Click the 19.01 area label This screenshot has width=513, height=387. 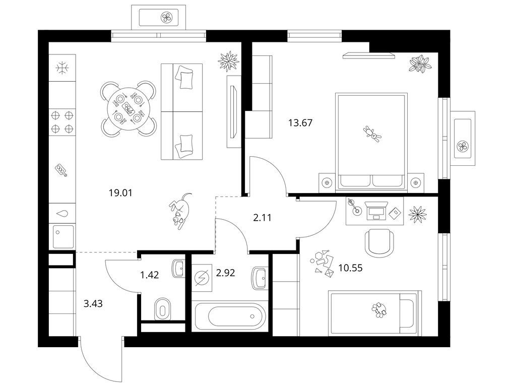click(x=121, y=192)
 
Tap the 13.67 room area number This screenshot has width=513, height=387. click(x=300, y=123)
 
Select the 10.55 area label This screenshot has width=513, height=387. click(x=350, y=268)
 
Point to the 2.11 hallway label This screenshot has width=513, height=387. click(x=263, y=218)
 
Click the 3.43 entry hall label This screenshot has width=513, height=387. click(x=93, y=303)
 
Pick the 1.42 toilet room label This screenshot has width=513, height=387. click(x=150, y=275)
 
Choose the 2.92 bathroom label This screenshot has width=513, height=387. click(x=225, y=273)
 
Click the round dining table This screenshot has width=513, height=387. click(x=127, y=108)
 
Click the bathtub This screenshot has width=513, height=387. click(x=230, y=315)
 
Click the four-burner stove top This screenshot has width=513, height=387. click(x=62, y=122)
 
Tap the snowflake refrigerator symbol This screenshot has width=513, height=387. click(x=62, y=69)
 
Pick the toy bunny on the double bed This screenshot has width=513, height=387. click(x=372, y=134)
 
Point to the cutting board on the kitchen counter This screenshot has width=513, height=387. click(x=61, y=170)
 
